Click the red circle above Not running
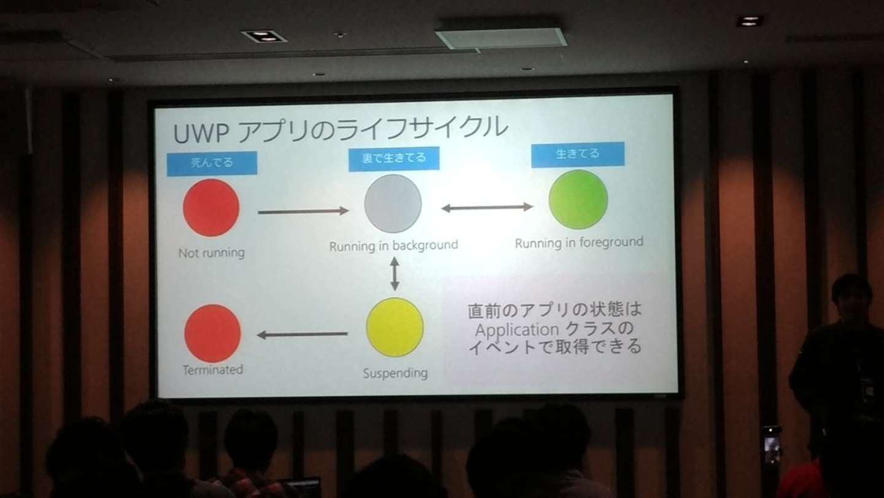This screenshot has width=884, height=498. click(x=211, y=208)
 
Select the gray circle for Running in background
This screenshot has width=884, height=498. click(x=393, y=203)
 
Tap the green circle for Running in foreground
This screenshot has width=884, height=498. click(x=578, y=200)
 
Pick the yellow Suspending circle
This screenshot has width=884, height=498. click(x=395, y=327)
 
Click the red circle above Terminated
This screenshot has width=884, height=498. click(x=212, y=333)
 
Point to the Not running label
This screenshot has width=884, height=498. click(x=211, y=253)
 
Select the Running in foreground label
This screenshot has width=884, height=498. click(x=579, y=243)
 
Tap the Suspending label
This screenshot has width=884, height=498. click(x=395, y=373)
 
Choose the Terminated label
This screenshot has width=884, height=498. click(x=212, y=370)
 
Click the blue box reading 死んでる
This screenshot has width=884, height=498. click(x=212, y=163)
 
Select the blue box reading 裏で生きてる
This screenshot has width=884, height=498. click(x=394, y=158)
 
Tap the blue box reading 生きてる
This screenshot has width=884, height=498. click(x=578, y=155)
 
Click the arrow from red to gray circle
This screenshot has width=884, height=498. click(x=303, y=211)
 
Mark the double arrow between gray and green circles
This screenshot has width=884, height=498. click(x=487, y=208)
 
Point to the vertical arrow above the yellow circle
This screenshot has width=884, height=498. click(x=395, y=273)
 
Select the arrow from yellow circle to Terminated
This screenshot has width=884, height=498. click(x=302, y=335)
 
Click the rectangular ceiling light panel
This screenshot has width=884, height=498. click(x=501, y=37)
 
